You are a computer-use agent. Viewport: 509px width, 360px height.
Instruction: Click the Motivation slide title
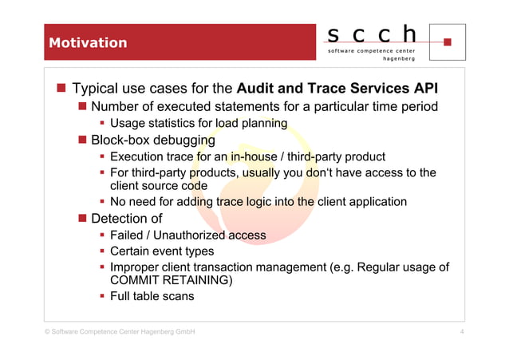tap(88, 42)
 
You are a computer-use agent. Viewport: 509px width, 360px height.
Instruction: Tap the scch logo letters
tap(373, 34)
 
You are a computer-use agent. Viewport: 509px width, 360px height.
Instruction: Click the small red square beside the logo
tap(448, 42)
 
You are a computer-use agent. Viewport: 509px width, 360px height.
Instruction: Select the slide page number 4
tap(463, 331)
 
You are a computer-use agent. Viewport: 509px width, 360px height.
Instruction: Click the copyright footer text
tap(120, 331)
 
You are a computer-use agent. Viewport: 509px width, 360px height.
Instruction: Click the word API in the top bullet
tap(424, 87)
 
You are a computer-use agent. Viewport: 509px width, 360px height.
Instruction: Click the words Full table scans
tap(152, 297)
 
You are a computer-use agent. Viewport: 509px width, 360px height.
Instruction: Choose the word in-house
tap(248, 156)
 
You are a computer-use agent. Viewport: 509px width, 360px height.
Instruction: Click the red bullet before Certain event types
tap(102, 251)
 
